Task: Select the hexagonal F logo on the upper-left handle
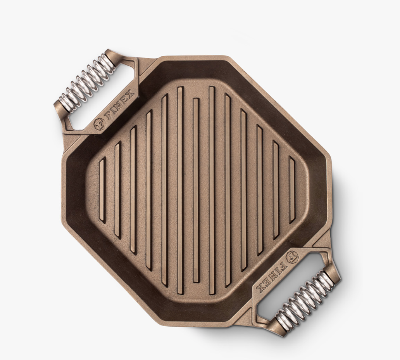[100, 124]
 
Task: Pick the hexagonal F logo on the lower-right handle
[292, 257]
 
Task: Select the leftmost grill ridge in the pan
[102, 190]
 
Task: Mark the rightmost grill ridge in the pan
[292, 190]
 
